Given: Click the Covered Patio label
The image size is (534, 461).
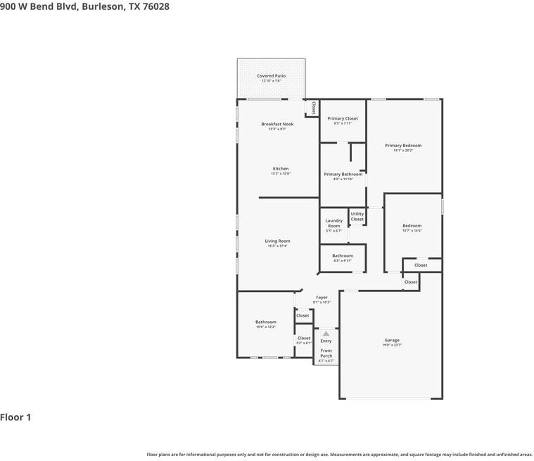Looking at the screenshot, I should coord(271,76).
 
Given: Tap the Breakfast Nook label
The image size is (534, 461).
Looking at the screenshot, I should coord(277,124).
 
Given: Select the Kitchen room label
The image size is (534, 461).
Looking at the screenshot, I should coord(281,169).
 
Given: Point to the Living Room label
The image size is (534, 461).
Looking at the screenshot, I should coord(277,241).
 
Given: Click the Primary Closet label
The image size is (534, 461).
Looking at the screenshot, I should coord(343,118).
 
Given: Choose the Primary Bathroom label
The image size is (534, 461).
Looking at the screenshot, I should coord(343,174).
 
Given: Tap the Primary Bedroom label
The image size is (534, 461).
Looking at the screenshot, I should coord(403,146).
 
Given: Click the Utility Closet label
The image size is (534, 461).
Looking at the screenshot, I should coord(357,216).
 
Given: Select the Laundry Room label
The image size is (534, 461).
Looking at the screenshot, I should coord(333,223).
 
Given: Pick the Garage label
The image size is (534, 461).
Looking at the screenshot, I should coord(392,340).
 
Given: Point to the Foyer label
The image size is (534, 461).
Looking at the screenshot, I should coord(322,298).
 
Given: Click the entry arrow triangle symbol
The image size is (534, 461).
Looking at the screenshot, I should coord(326,334).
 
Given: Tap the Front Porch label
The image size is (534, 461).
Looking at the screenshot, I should coord(326,353).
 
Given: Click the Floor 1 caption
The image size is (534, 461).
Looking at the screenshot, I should coord(15,417).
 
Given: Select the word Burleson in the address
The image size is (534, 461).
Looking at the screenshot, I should coord(103,6).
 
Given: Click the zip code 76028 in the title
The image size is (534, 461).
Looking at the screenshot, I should coord(155,6).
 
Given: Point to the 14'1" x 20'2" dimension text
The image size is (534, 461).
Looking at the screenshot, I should coord(403,151).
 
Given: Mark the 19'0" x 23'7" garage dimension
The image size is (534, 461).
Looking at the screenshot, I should coord(392,345).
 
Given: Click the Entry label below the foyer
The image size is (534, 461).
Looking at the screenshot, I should coord(326,341).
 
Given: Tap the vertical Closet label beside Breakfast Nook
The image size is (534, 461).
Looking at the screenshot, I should coord(313,108).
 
